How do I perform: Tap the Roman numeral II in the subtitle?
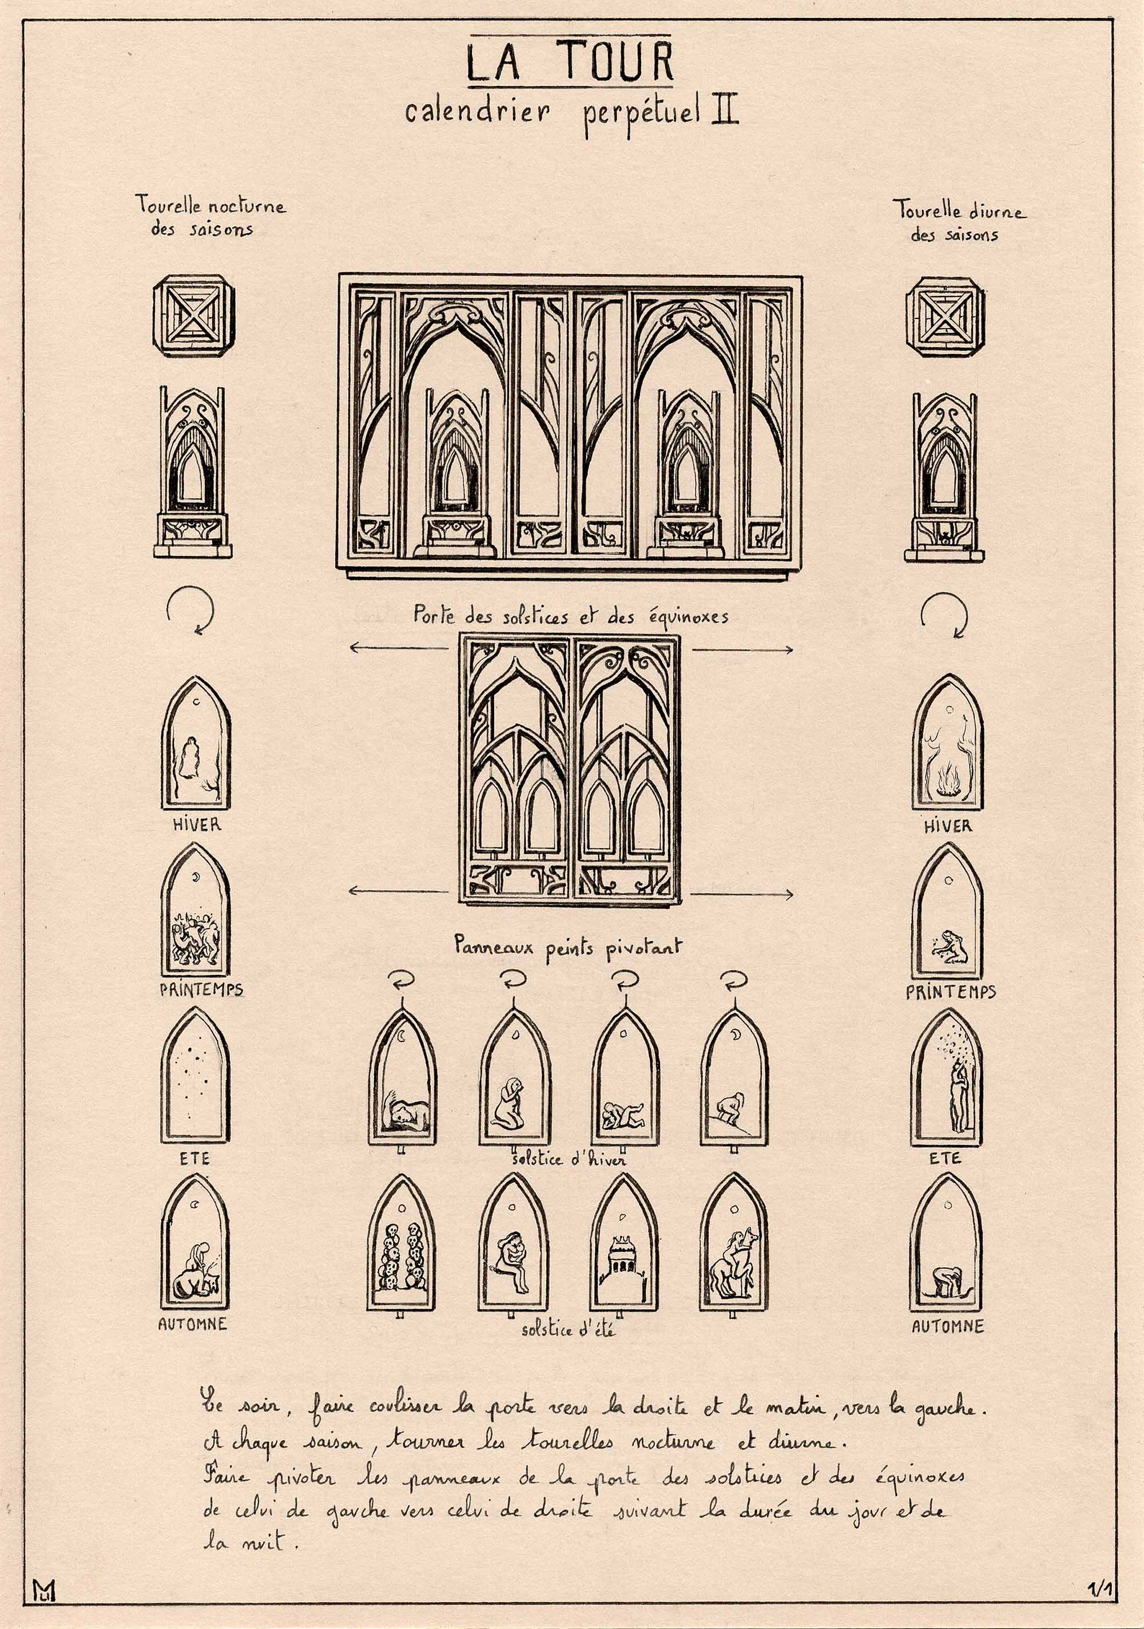point(724,113)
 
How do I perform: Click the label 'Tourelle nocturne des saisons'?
point(210,217)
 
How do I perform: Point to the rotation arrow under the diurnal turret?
point(944,614)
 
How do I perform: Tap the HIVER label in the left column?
point(196,825)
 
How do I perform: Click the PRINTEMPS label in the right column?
point(951,991)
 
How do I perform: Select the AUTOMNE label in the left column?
point(193,1323)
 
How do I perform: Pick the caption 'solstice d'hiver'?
point(569,1159)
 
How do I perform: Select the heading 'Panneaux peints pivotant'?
point(567,949)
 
